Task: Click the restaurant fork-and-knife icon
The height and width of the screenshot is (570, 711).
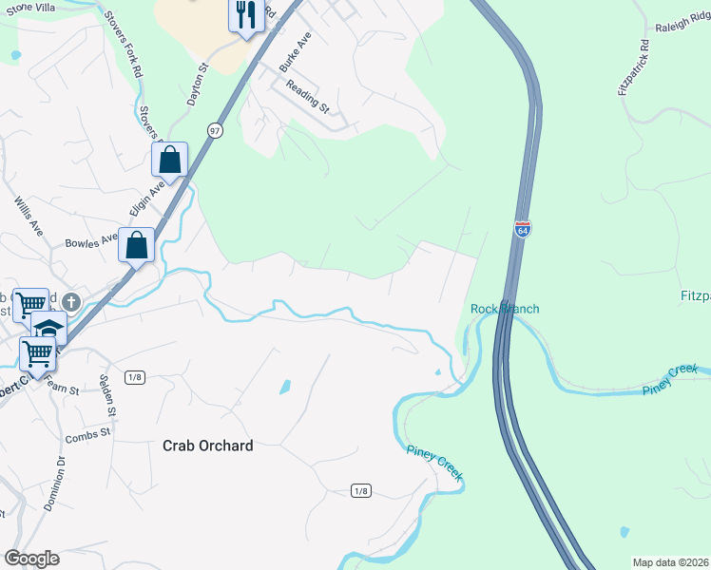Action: pyautogui.click(x=245, y=15)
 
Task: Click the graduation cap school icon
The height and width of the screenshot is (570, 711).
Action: pyautogui.click(x=48, y=329)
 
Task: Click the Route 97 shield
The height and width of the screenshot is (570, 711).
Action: pyautogui.click(x=216, y=130)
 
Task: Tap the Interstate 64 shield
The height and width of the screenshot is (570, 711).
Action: pyautogui.click(x=523, y=229)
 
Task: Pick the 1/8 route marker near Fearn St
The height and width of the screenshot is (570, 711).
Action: pyautogui.click(x=134, y=377)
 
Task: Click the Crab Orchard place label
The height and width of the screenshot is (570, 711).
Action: pyautogui.click(x=207, y=445)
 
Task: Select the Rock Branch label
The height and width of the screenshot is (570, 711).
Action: pyautogui.click(x=505, y=309)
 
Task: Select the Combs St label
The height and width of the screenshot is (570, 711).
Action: pyautogui.click(x=87, y=435)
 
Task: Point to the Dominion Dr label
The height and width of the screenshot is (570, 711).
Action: pyautogui.click(x=54, y=484)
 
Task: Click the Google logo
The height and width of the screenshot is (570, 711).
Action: pyautogui.click(x=31, y=559)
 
